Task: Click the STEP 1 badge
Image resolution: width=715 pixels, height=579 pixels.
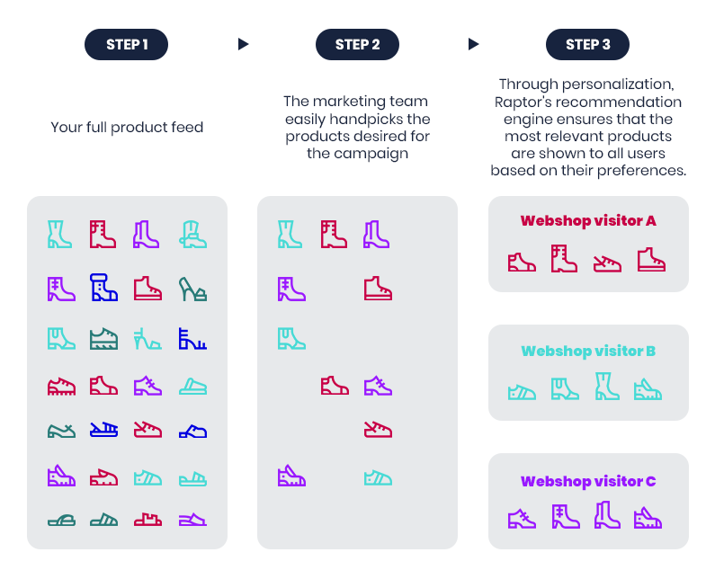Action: [x=127, y=44]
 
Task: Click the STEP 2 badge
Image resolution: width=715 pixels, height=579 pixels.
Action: [x=357, y=44]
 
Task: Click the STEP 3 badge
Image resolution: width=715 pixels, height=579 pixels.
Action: [x=587, y=44]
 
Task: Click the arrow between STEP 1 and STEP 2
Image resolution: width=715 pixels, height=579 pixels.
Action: [x=243, y=44]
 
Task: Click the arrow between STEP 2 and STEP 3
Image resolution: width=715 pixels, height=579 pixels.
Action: [x=473, y=44]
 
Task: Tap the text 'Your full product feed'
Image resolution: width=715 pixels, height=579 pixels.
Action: [x=127, y=128]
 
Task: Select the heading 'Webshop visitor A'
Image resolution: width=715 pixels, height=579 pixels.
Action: [x=588, y=220]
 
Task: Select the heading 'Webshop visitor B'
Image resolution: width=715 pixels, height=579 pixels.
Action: [x=588, y=351]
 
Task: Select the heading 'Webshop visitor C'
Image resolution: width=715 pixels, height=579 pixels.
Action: [x=588, y=481]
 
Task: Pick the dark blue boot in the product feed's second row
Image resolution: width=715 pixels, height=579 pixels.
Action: [x=103, y=289]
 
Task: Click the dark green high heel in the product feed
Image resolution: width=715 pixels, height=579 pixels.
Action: [x=192, y=289]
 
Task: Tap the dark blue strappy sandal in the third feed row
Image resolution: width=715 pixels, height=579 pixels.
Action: [x=192, y=338]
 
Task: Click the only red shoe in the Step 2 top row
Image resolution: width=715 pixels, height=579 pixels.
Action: [x=334, y=234]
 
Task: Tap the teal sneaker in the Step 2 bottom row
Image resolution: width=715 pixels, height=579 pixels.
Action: [x=378, y=477]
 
